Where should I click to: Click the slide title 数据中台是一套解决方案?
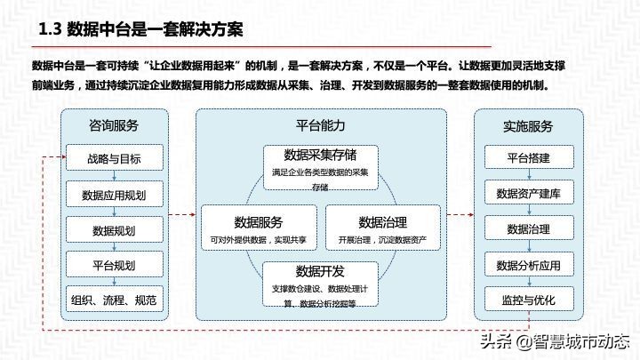click(141, 30)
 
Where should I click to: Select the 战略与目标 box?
click(114, 159)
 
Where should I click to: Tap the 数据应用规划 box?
click(114, 195)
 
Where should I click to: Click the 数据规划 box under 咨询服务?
click(114, 229)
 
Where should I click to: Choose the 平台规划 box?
click(114, 265)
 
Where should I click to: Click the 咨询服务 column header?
click(114, 124)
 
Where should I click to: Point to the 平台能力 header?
click(320, 124)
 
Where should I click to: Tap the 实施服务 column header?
click(529, 124)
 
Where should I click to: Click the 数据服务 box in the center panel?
click(259, 228)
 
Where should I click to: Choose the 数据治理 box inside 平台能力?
click(382, 228)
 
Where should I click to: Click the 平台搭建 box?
click(529, 157)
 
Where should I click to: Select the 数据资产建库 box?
click(529, 193)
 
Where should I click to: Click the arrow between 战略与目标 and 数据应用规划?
click(114, 177)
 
